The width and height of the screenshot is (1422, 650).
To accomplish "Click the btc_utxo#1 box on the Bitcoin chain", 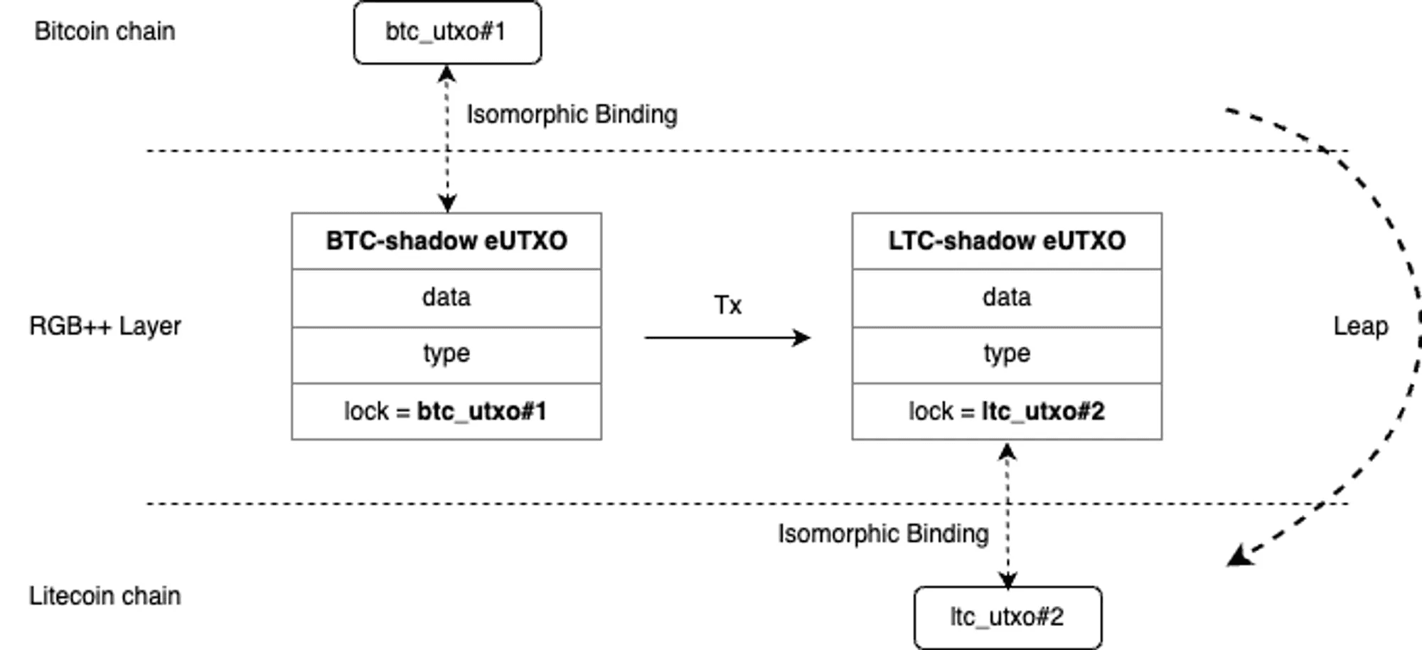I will click(x=447, y=32).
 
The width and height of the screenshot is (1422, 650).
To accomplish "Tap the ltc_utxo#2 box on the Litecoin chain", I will click(x=1007, y=617).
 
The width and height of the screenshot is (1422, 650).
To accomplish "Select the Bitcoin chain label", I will click(x=105, y=31).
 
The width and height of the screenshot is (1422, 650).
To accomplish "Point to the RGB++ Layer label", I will click(x=105, y=326).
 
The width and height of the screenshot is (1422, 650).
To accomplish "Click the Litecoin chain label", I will click(x=105, y=595).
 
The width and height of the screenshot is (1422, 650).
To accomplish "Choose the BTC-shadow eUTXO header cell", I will click(x=447, y=241).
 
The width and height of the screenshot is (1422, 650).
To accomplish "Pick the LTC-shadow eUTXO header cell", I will click(x=1007, y=241).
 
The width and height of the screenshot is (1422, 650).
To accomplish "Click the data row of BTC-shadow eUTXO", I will click(x=447, y=297).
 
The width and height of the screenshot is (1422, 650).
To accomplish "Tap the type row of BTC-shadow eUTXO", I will click(x=447, y=353).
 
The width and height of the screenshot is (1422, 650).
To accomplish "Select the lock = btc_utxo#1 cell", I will click(x=447, y=411).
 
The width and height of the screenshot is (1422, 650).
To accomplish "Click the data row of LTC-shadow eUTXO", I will click(x=1007, y=297).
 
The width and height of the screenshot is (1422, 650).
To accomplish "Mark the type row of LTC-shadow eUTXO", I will click(x=1007, y=353).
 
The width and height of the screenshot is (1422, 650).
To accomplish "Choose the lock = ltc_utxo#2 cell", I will click(x=1007, y=411).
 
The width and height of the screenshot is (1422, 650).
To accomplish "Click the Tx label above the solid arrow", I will click(x=727, y=305).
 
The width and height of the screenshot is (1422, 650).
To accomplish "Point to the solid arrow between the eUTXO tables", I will click(x=725, y=337).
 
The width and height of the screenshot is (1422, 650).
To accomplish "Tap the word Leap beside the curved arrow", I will click(x=1360, y=326).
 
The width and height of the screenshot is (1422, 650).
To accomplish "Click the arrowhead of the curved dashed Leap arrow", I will click(x=1240, y=555).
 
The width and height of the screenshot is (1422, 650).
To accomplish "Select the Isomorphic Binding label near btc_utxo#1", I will click(x=572, y=114).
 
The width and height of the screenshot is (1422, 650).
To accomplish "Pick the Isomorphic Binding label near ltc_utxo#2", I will click(x=883, y=533).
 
